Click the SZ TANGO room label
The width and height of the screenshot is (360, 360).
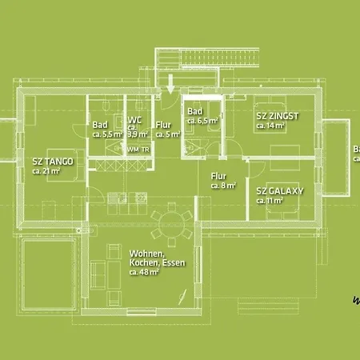[x=53, y=162]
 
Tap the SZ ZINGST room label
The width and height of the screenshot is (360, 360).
[x=277, y=116]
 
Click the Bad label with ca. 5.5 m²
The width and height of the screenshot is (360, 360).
[x=100, y=125]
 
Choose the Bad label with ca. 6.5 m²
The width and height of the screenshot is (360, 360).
[x=194, y=111]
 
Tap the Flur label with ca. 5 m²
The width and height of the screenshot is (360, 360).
[x=163, y=125]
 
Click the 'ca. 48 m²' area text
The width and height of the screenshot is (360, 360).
[x=144, y=272]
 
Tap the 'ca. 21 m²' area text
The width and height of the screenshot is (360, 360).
[x=46, y=170]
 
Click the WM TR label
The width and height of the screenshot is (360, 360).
[x=138, y=150]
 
